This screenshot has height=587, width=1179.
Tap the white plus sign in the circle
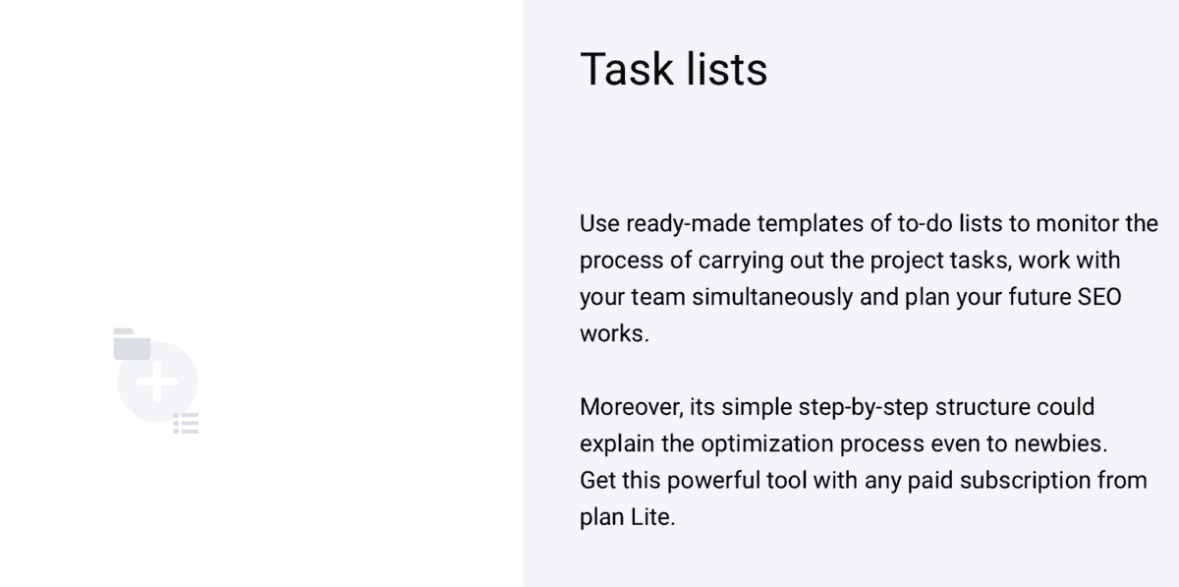tap(157, 382)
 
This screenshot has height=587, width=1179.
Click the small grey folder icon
tap(132, 344)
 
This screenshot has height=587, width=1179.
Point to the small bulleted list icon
tap(187, 424)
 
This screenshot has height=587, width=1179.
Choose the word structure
tap(982, 407)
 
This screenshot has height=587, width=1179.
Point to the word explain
tap(617, 443)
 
